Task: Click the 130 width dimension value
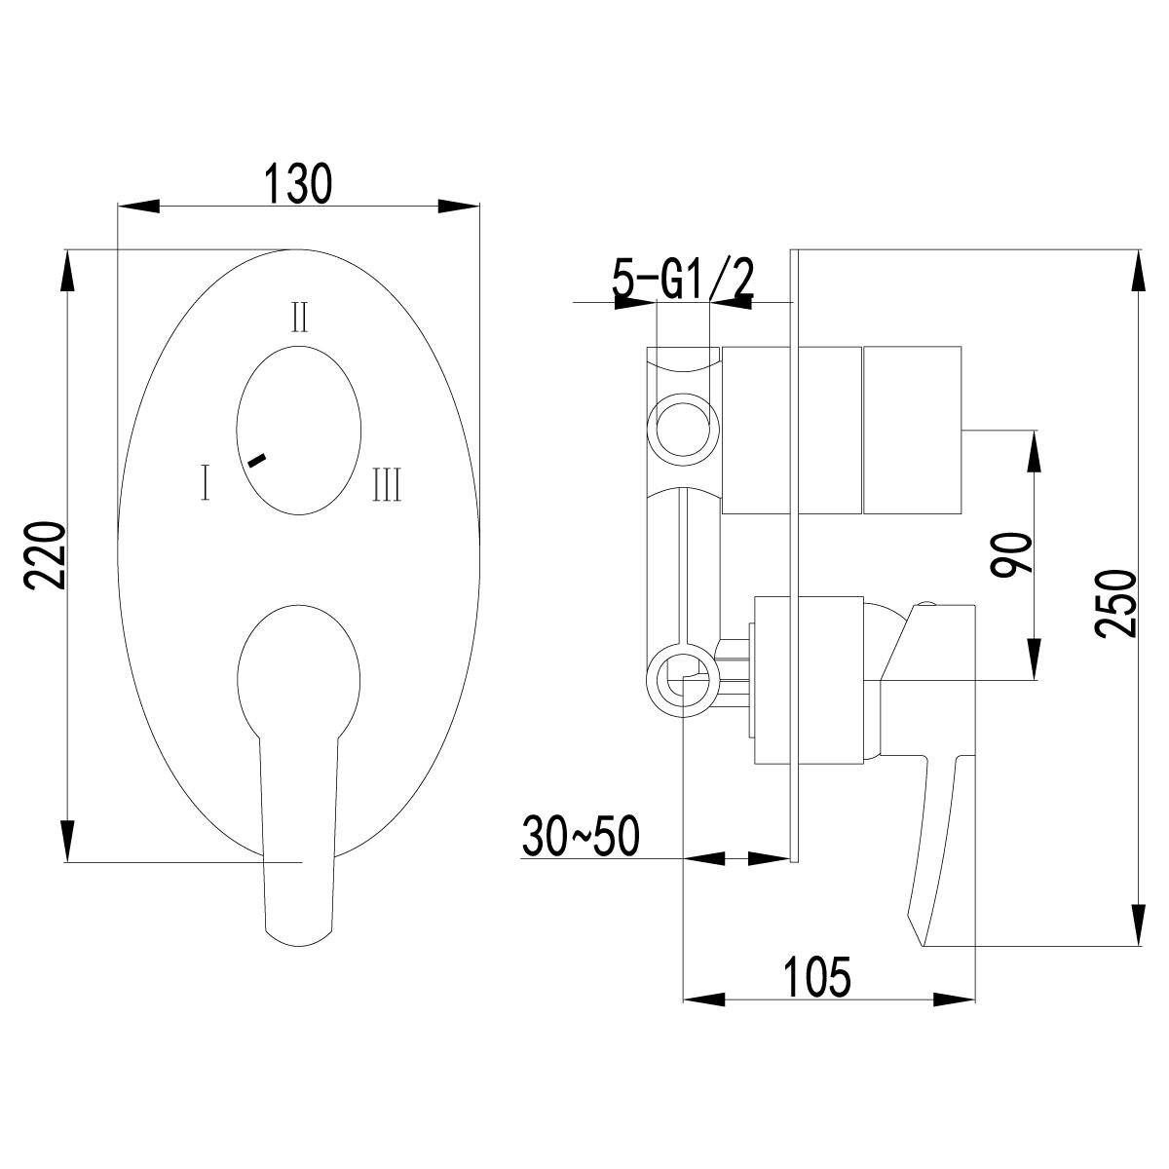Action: pos(298,182)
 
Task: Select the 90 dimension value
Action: pos(1010,553)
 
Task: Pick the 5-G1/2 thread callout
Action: pos(683,279)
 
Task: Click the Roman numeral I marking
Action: pos(206,482)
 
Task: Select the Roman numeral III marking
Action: pos(387,483)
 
